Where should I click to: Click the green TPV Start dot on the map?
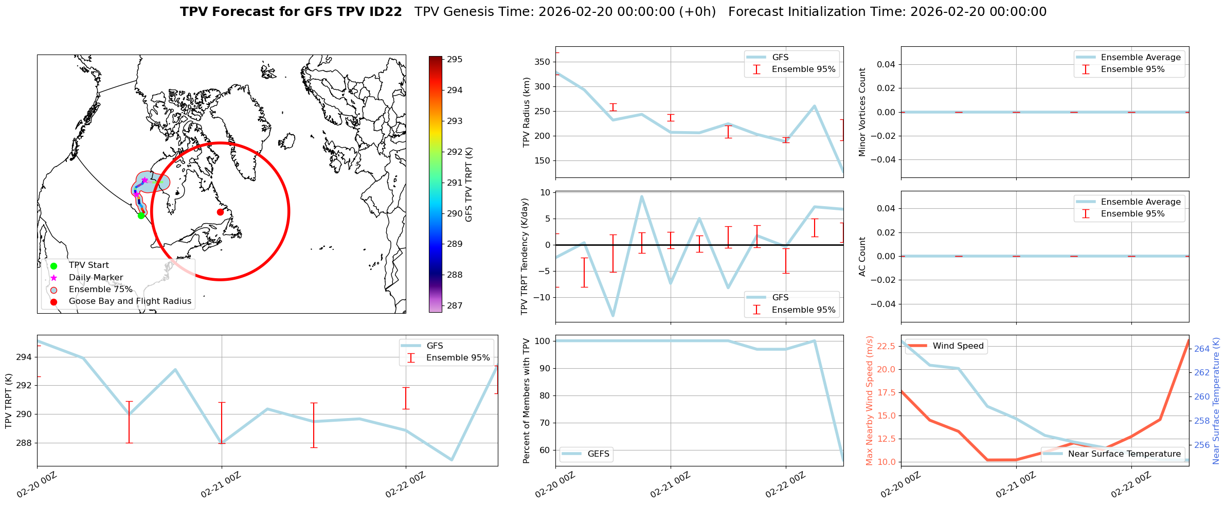(141, 215)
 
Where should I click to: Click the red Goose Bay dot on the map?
(220, 212)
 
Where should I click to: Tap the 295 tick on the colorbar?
(455, 60)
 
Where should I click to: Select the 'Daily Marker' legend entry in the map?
(96, 278)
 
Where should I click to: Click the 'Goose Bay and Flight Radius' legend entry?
(130, 301)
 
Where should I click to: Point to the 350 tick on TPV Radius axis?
(543, 62)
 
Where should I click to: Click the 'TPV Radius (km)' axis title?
(526, 112)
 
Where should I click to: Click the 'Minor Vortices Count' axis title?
(862, 112)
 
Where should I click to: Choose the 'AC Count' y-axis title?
(862, 257)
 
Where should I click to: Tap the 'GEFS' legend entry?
(598, 454)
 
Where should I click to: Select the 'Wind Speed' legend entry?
(958, 346)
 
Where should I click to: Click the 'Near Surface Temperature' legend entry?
(1124, 454)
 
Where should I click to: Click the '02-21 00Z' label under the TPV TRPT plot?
(221, 485)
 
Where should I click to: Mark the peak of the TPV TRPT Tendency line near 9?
(642, 196)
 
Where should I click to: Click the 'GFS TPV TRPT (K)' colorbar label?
(468, 185)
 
